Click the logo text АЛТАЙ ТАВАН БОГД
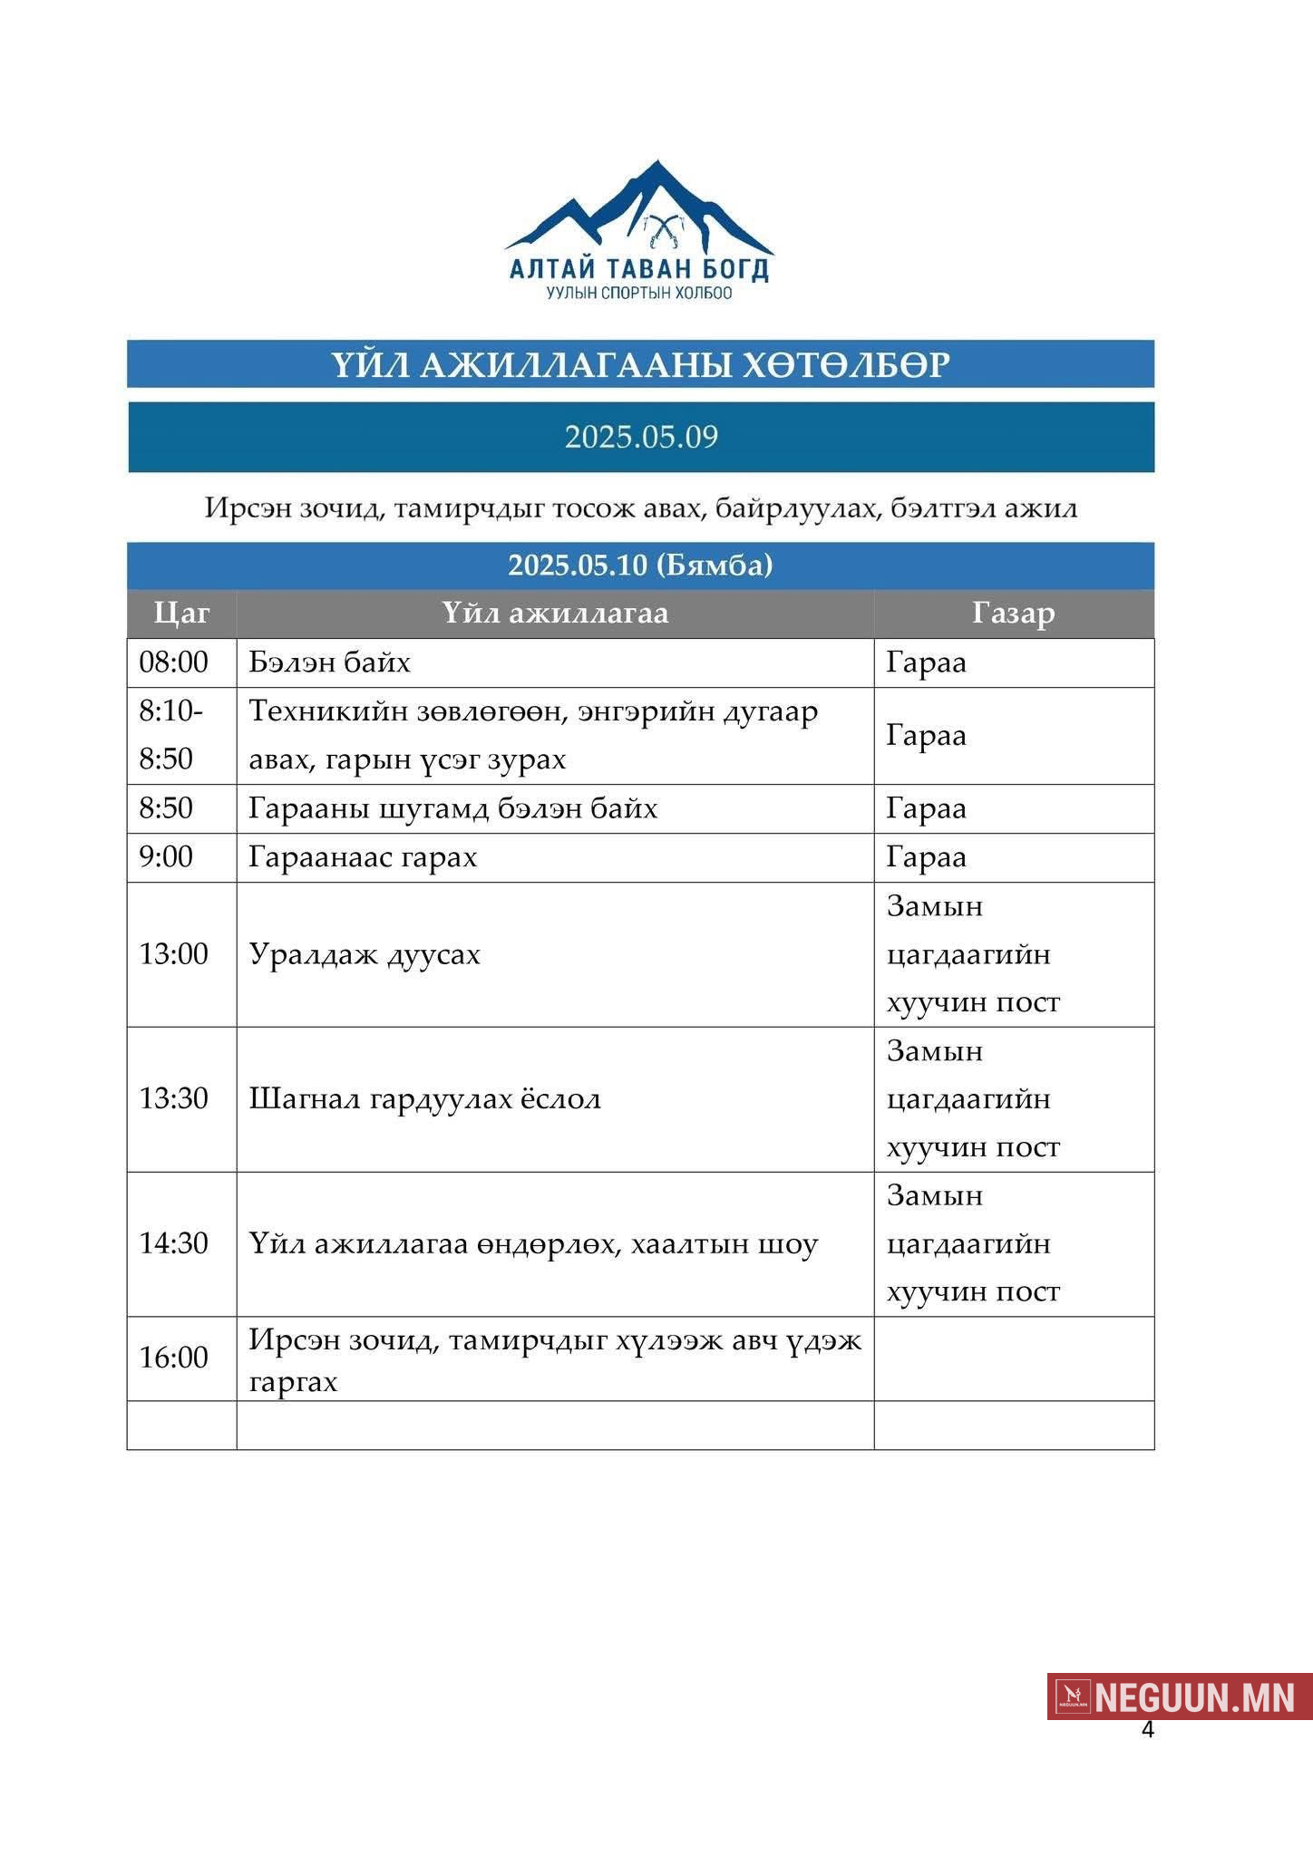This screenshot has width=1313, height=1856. click(639, 269)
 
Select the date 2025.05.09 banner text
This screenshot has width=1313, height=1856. click(641, 437)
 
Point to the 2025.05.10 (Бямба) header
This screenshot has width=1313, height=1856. click(640, 565)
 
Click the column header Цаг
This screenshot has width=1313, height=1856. click(181, 614)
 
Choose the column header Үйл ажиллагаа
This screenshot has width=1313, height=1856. click(555, 614)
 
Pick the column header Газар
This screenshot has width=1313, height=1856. click(1013, 614)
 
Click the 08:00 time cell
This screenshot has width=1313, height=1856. click(173, 662)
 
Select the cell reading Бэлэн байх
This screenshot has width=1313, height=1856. click(329, 662)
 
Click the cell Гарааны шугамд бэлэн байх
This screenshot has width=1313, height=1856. click(452, 808)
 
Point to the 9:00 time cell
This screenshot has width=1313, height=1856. click(166, 857)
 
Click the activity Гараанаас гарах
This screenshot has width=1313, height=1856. click(363, 857)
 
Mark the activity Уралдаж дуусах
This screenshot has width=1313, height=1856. click(365, 954)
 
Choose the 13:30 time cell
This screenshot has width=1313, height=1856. click(173, 1099)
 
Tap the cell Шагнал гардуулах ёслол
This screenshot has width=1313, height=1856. click(424, 1099)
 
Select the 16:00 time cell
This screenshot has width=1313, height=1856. click(173, 1358)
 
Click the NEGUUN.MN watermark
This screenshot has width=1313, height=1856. click(1180, 1696)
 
